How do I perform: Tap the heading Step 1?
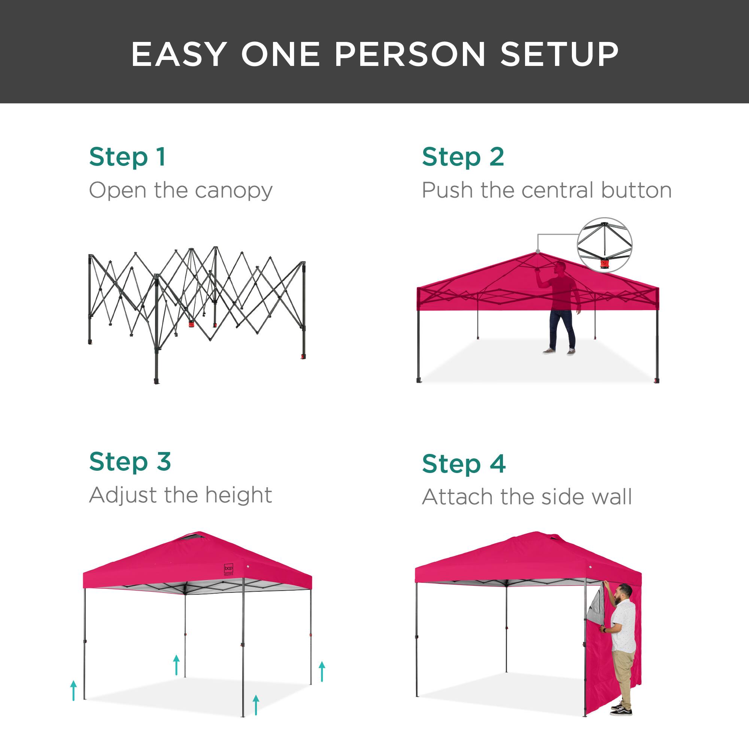tap(128, 157)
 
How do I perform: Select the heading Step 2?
tap(463, 157)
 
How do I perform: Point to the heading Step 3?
tap(130, 462)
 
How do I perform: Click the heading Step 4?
tap(464, 464)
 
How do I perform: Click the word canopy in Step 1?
tap(234, 191)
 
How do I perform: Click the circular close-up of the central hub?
tap(604, 245)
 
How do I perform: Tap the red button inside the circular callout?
tap(604, 264)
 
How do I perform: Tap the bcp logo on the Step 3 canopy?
tap(229, 568)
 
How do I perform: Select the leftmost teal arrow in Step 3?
tap(74, 691)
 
